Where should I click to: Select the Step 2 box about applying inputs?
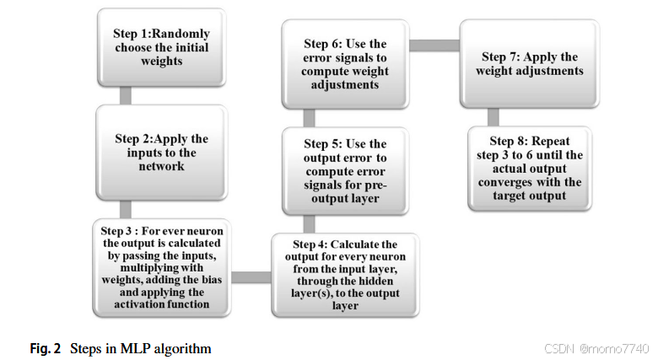click(x=161, y=152)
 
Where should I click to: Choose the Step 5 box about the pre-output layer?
click(x=344, y=169)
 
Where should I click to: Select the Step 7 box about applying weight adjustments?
click(x=531, y=64)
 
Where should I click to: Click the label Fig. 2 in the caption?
click(x=46, y=348)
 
